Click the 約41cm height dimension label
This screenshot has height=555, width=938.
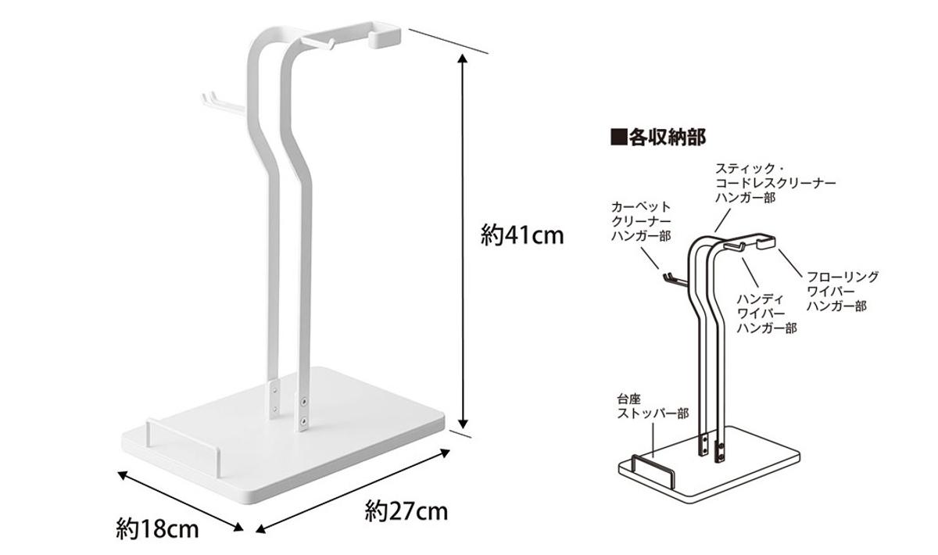(521, 235)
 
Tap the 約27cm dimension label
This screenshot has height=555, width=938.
(406, 512)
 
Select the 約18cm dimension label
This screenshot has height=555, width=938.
(157, 529)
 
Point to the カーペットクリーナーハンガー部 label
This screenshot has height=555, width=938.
(641, 221)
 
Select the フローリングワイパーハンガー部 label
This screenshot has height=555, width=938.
(842, 292)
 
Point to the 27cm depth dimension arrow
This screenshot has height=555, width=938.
(354, 490)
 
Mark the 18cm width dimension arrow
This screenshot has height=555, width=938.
(180, 501)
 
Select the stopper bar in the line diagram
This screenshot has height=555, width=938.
(653, 467)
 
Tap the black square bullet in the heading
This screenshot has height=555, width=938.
(618, 138)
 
